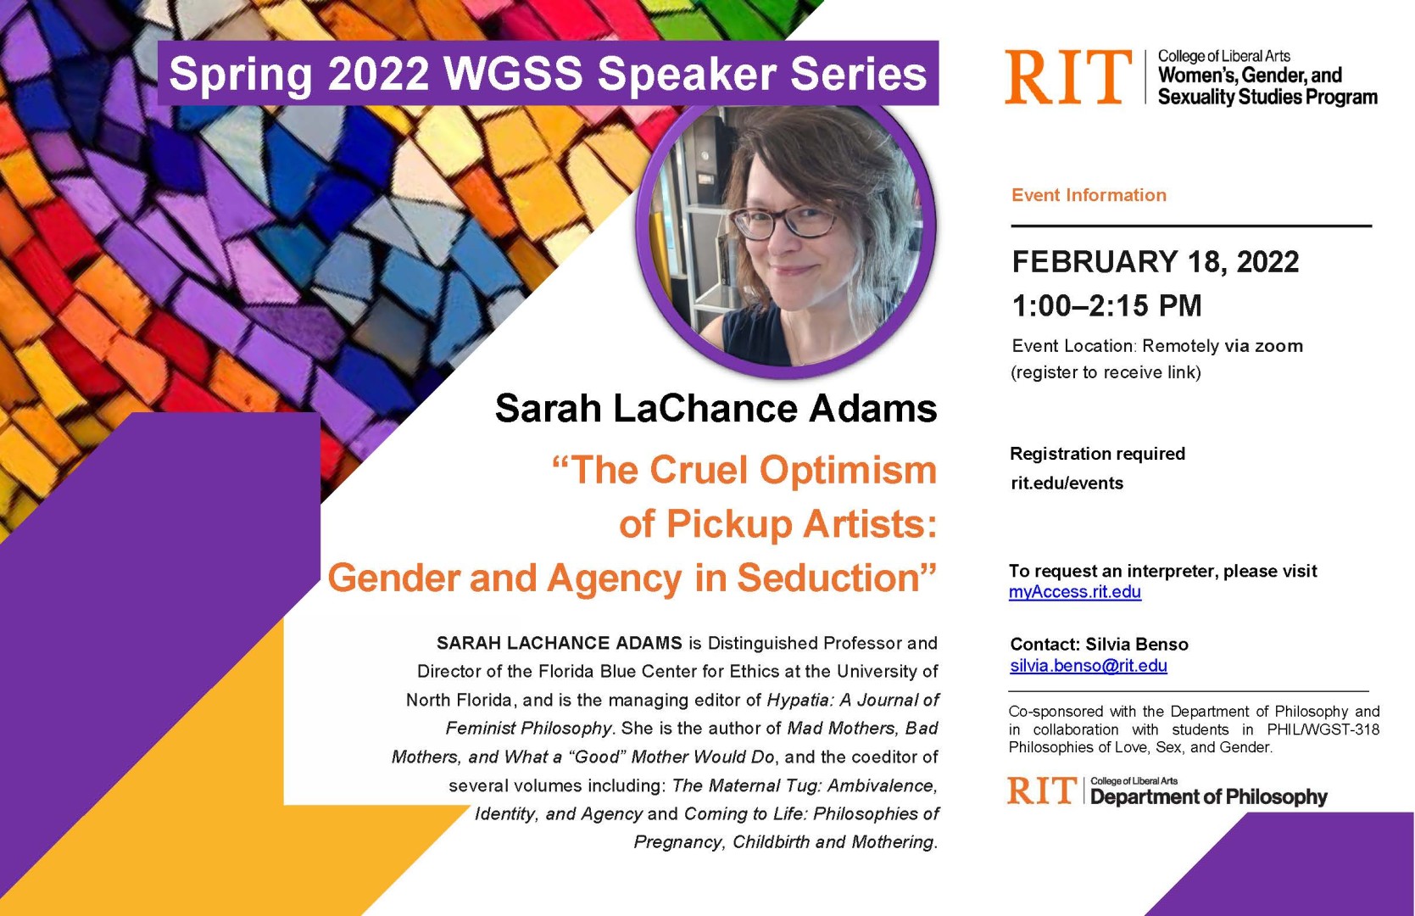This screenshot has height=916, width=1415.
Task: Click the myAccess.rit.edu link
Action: (x=1074, y=592)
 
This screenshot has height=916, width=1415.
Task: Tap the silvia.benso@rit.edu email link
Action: (x=1088, y=666)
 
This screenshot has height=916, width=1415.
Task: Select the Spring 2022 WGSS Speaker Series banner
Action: (x=548, y=73)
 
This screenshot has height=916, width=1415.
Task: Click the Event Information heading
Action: (x=1089, y=195)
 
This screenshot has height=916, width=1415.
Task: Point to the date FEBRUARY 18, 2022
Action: (x=1155, y=262)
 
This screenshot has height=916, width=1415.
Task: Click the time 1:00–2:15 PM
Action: (x=1106, y=305)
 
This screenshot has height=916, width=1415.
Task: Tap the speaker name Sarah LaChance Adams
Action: (x=716, y=408)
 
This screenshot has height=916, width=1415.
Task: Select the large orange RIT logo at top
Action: (x=1067, y=77)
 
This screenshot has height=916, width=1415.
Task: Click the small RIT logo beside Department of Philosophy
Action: (x=1041, y=791)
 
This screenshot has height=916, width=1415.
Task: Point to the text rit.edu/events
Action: (x=1067, y=483)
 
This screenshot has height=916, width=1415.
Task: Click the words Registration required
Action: (x=1097, y=454)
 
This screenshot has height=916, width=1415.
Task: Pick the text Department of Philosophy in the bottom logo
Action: (x=1208, y=797)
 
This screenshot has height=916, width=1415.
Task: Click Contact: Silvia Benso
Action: (x=1099, y=645)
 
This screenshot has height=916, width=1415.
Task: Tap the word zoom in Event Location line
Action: (x=1279, y=346)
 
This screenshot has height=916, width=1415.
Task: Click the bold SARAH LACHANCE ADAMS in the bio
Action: (x=559, y=643)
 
